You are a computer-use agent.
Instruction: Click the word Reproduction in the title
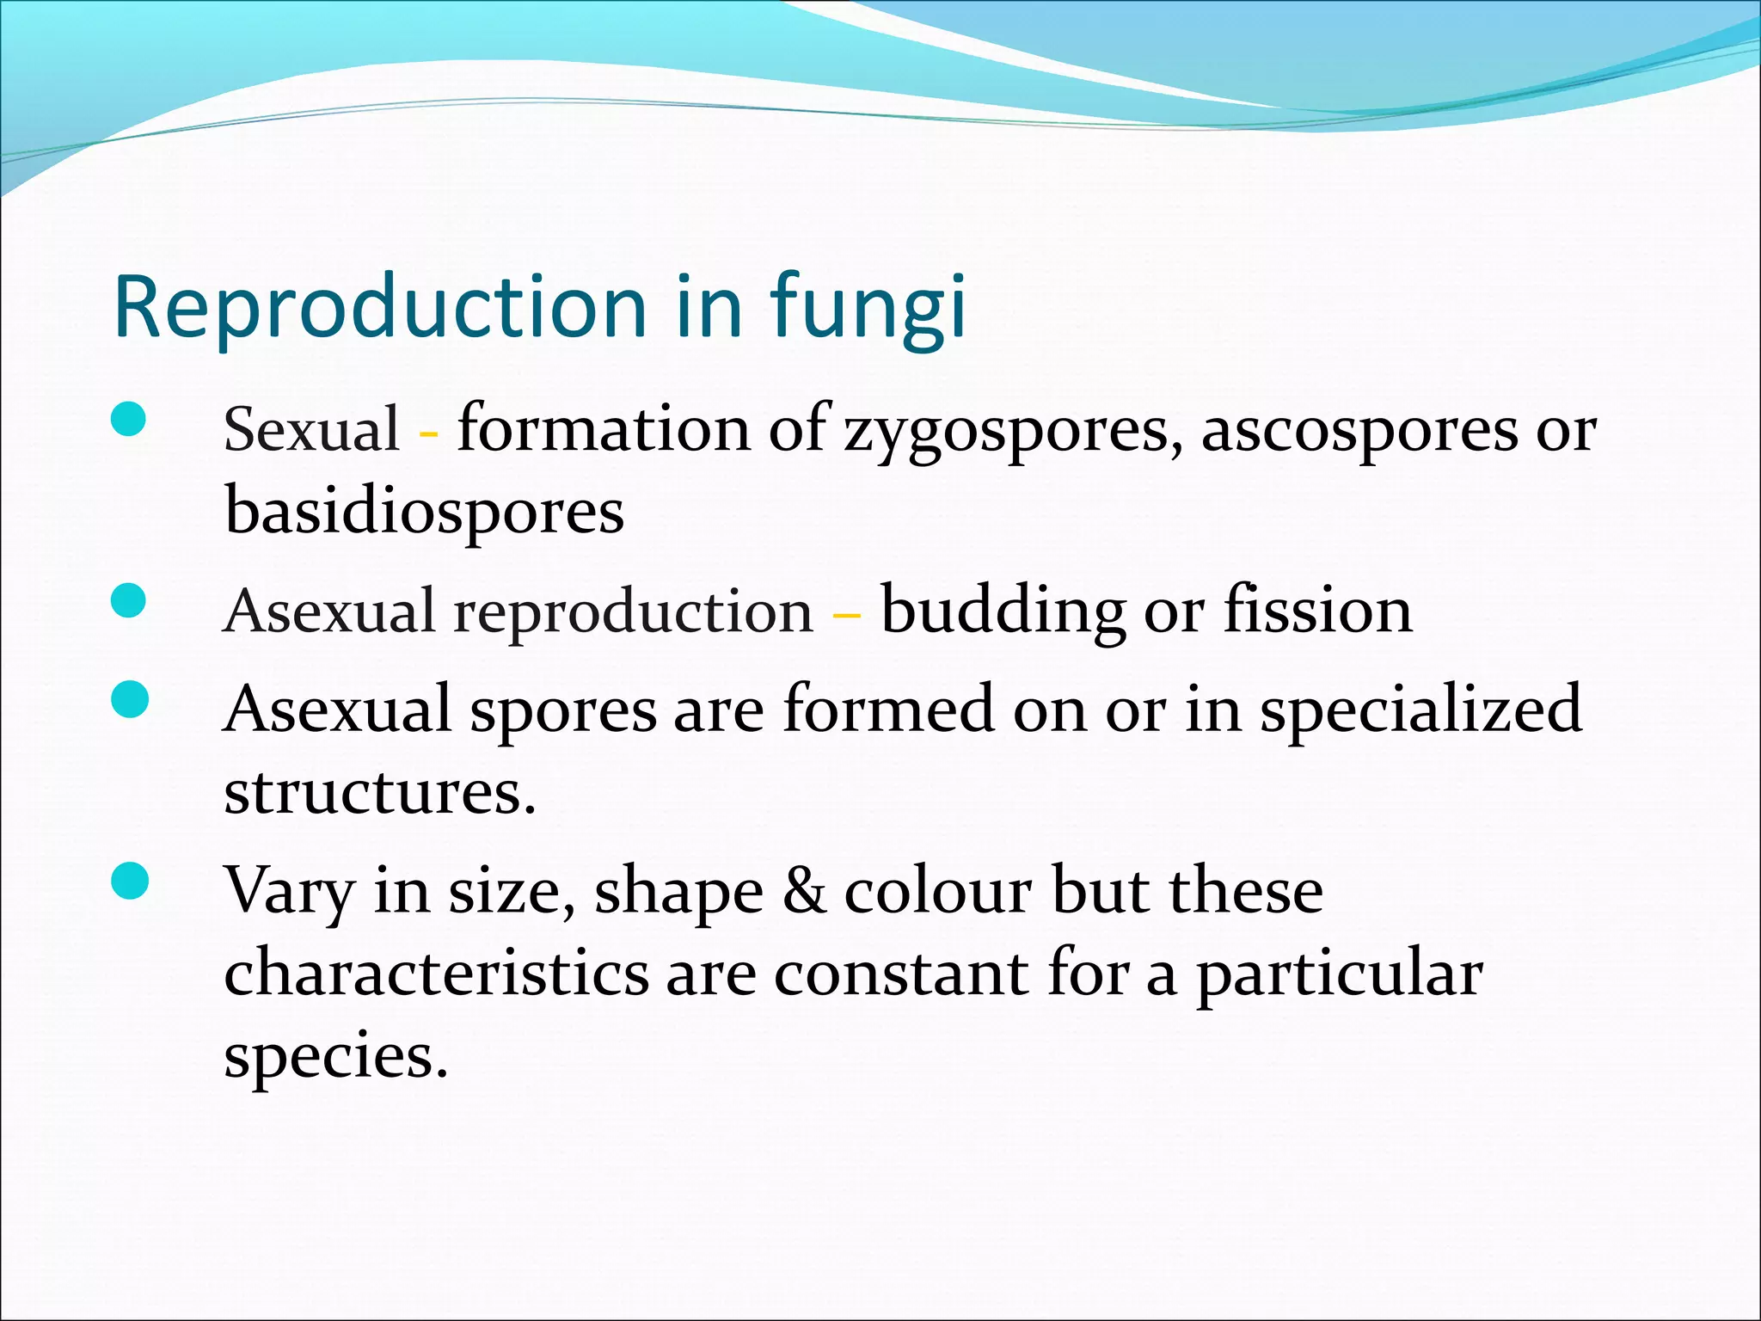[379, 306]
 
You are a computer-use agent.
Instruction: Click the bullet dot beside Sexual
[129, 421]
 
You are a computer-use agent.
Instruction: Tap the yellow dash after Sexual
[427, 433]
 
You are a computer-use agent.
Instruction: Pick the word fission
[1317, 610]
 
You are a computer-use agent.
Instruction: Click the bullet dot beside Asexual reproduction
[129, 601]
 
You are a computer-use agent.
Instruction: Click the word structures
[379, 791]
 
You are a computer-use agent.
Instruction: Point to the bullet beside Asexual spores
[129, 699]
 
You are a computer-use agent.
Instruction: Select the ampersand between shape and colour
[804, 891]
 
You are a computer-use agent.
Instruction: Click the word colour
[937, 891]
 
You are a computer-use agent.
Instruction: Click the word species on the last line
[335, 1056]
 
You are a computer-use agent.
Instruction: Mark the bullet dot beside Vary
[129, 882]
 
